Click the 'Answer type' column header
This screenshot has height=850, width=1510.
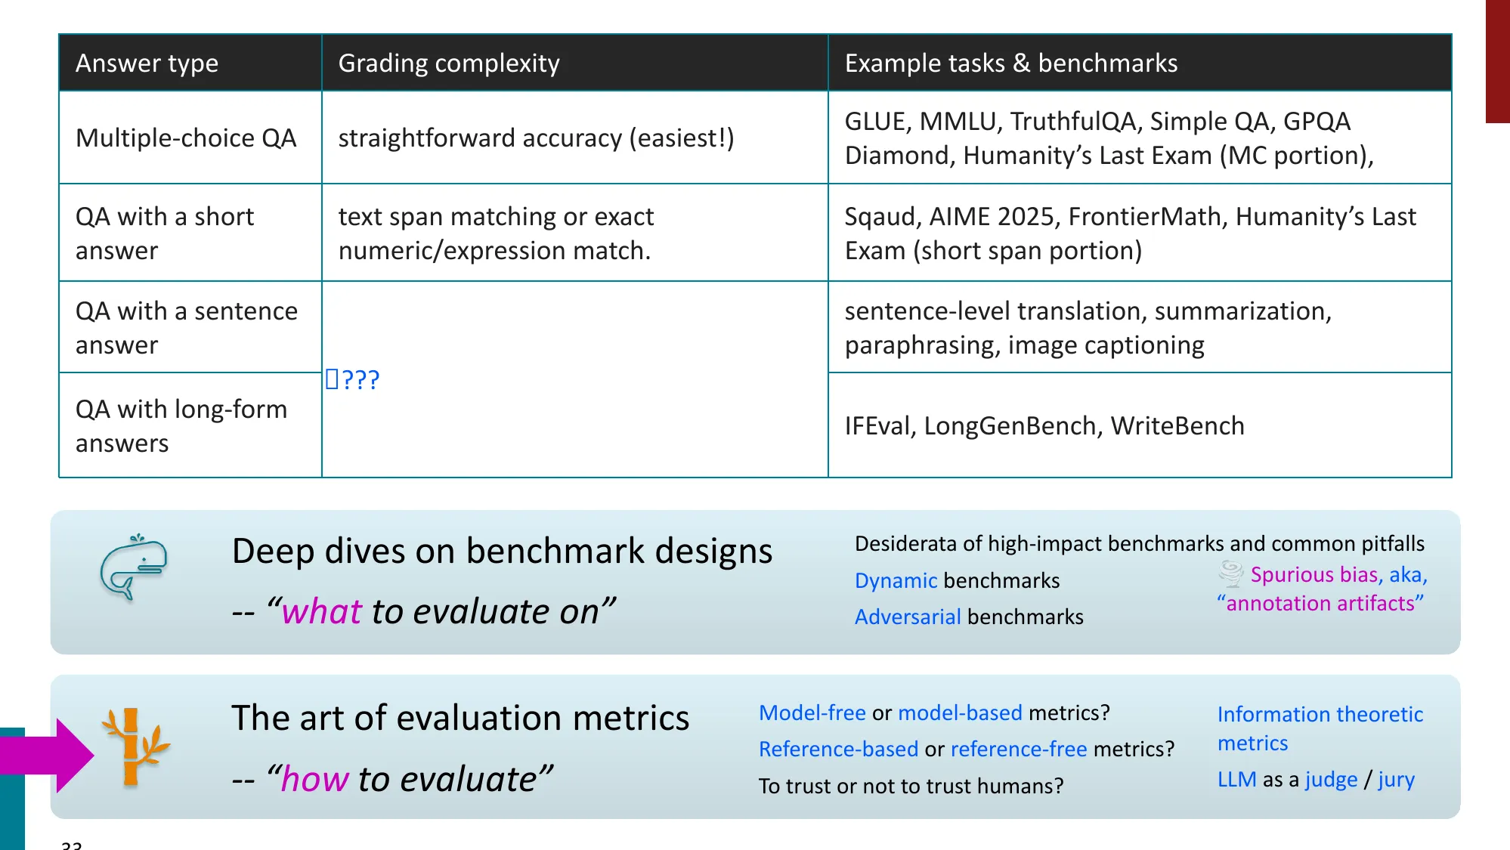[x=147, y=63]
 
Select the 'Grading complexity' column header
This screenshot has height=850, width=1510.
[x=449, y=63]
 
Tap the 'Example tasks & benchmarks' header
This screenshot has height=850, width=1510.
[x=1010, y=63]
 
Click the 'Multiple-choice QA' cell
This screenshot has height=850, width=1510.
[x=186, y=138]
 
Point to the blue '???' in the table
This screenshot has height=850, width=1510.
[x=360, y=379]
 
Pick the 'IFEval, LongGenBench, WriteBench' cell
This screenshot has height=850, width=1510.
[x=1044, y=426]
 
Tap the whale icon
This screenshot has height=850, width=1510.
[x=134, y=567]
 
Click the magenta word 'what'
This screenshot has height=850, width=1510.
[x=321, y=611]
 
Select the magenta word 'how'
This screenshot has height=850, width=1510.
[x=314, y=779]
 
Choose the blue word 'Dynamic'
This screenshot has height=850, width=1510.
[x=896, y=580]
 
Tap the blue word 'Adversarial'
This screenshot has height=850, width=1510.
[x=907, y=617]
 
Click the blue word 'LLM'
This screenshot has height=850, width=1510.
[x=1236, y=779]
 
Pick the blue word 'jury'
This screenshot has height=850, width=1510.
[x=1396, y=779]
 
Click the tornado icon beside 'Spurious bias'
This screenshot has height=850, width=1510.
[x=1231, y=574]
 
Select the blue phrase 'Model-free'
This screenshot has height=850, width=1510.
[x=812, y=712]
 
